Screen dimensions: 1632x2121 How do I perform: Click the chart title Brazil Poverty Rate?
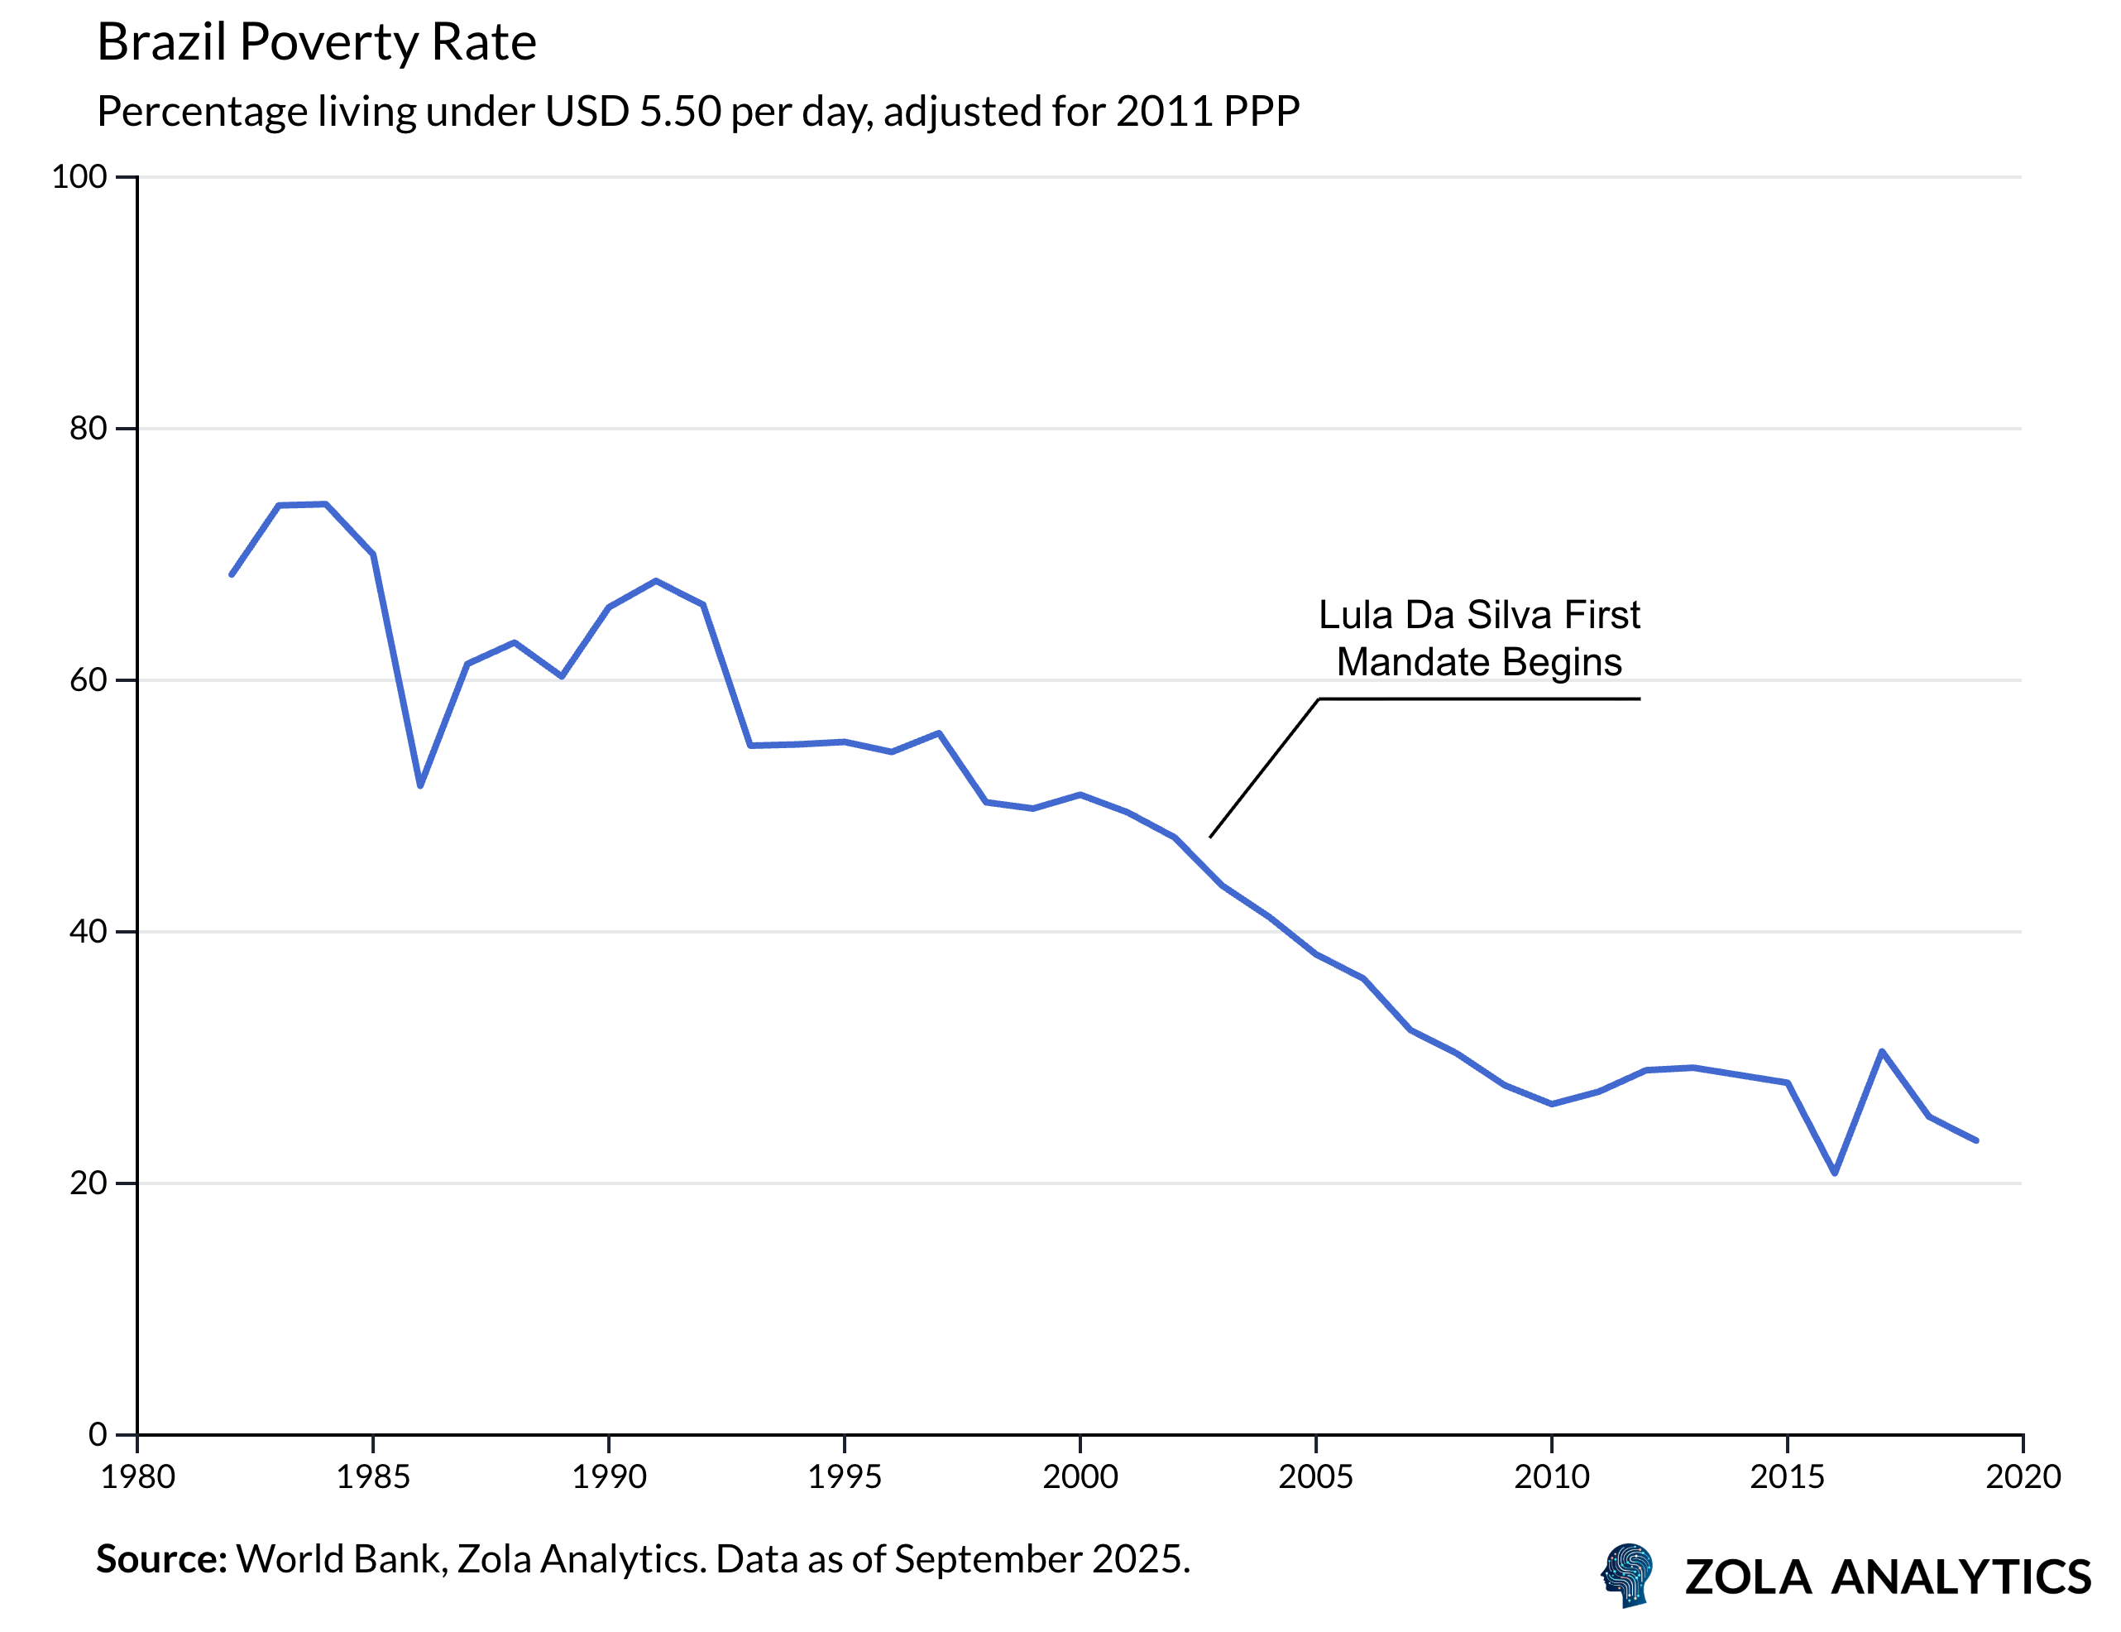click(x=317, y=43)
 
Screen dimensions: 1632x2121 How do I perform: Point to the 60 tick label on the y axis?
click(x=88, y=680)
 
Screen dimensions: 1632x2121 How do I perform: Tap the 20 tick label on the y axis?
click(x=88, y=1183)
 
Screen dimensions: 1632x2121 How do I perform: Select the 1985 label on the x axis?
click(x=373, y=1476)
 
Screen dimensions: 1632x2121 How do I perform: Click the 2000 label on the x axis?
click(x=1080, y=1476)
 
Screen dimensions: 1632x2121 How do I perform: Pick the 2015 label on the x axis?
click(x=1787, y=1476)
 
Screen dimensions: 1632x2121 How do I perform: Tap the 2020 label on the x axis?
click(x=2022, y=1476)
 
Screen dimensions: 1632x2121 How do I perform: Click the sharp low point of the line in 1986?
click(x=420, y=785)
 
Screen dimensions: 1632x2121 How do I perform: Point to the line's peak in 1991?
click(x=657, y=581)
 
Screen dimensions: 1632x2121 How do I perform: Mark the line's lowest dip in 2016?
click(x=1835, y=1173)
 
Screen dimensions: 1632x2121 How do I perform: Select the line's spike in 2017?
click(x=1881, y=1051)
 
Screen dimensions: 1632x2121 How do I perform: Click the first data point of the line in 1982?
click(x=231, y=575)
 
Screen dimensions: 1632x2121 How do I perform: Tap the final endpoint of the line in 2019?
click(x=1976, y=1140)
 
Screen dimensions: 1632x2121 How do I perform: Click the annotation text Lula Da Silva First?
click(x=1478, y=615)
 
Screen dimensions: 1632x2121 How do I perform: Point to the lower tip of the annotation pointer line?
click(x=1210, y=837)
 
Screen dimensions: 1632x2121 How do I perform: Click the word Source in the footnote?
click(x=160, y=1559)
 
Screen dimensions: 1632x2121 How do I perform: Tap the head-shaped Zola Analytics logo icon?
click(x=1628, y=1575)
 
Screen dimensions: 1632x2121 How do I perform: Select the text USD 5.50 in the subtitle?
click(x=631, y=112)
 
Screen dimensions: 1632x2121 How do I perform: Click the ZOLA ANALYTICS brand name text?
click(x=1887, y=1577)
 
